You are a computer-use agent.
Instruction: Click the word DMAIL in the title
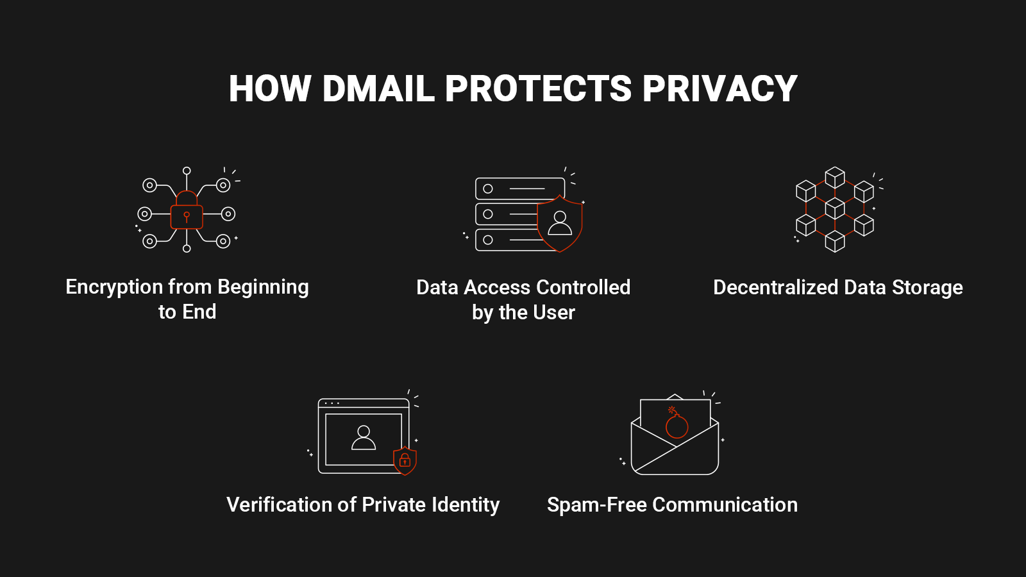(x=378, y=88)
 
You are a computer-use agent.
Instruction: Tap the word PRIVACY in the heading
(x=719, y=88)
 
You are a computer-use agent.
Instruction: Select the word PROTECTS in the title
(x=538, y=88)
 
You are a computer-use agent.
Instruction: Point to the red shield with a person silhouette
(x=560, y=224)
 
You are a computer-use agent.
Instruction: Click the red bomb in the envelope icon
(x=676, y=422)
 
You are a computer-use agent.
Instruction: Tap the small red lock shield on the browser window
(x=405, y=460)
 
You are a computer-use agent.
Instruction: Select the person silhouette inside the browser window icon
(x=364, y=438)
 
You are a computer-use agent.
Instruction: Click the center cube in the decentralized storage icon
(x=834, y=208)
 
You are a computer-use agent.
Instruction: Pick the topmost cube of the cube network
(x=834, y=177)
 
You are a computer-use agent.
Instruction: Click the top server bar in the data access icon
(x=520, y=188)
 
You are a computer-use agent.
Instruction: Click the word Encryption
(x=114, y=288)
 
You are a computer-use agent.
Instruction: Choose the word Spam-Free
(x=597, y=505)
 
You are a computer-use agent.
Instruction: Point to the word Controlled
(x=583, y=288)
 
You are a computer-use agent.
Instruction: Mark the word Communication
(x=725, y=505)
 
